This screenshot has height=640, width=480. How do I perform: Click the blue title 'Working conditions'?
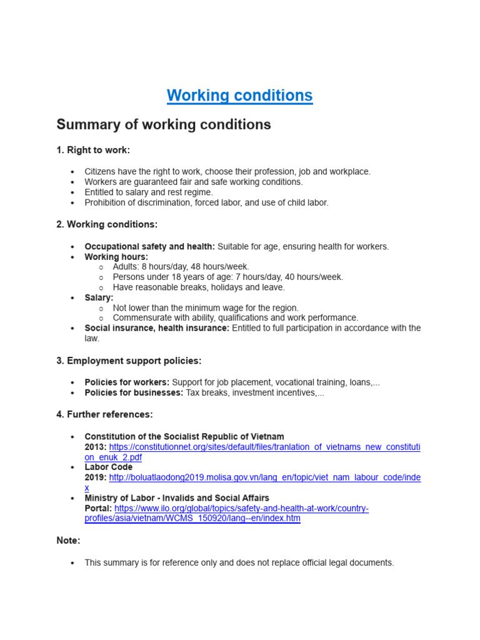pos(239,96)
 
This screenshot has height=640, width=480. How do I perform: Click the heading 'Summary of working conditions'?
pos(164,124)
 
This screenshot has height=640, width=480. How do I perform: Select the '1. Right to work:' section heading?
pos(93,150)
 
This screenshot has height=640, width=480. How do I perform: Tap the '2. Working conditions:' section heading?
pos(107,224)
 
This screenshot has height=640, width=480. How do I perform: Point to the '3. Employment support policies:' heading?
pos(129,361)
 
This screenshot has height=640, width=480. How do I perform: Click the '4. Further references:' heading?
pos(104,414)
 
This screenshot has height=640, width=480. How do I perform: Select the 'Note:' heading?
pos(68,541)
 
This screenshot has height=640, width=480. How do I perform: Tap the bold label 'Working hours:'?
pos(116,257)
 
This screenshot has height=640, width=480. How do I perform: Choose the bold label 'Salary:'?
pos(99,298)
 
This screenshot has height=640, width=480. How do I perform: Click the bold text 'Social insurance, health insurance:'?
pos(157,328)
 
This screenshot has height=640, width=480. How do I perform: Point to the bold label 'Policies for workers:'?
pos(127,382)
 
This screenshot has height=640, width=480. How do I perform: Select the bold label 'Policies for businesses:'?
pos(134,393)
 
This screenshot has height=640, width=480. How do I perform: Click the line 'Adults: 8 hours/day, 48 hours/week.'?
pos(181,267)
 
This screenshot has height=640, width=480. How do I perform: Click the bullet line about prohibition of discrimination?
pos(206,202)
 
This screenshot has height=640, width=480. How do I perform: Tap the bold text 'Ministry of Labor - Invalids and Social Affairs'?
pos(177,498)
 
